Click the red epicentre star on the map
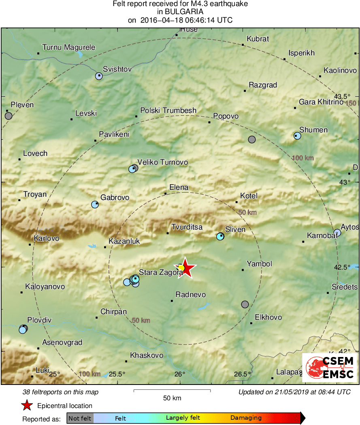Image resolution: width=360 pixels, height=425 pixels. coord(185,268)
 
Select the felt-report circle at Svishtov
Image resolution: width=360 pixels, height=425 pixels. coord(99,76)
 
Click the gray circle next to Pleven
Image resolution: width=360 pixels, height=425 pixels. coord(9,116)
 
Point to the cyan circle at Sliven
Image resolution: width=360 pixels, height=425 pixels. coord(220,236)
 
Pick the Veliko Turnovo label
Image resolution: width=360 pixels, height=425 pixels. coord(163,162)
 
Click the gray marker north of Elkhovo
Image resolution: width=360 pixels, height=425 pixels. coord(245,304)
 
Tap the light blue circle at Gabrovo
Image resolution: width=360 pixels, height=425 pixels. coord(95,204)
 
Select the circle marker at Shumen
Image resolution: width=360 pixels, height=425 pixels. coord(297,136)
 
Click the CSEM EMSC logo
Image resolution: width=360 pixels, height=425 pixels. coord(329,368)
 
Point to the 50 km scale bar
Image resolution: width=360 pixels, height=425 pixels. coord(172,391)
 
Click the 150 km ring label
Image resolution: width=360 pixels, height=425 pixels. coord(351,103)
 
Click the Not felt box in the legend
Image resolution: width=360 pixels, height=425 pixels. coord(80,418)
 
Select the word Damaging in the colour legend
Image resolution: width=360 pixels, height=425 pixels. coord(246,418)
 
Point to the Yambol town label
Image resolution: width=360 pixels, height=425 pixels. coord(262,264)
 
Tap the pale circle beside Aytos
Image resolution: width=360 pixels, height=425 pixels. coord(337,232)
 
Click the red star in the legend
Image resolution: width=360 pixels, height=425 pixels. coord(27,405)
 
